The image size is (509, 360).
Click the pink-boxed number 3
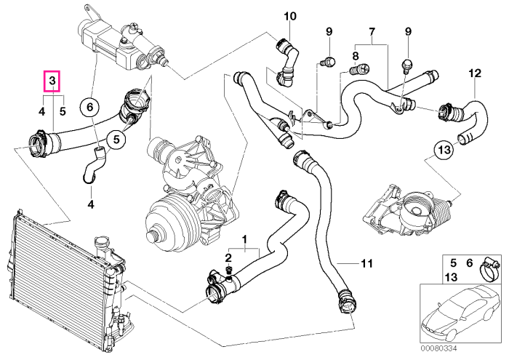coord(52,81)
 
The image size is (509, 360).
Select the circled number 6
coord(90,107)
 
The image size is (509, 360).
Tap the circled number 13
coord(445,151)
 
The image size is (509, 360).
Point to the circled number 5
coord(117,139)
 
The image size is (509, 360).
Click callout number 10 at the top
coord(290,16)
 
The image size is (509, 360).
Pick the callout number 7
coord(372,32)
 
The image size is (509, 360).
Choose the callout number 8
coord(356,57)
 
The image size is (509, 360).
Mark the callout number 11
coord(366,263)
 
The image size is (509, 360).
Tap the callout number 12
coord(475,73)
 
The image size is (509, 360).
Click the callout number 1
coord(245,239)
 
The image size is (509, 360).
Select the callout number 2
coord(228,258)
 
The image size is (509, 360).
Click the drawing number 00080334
coord(438,348)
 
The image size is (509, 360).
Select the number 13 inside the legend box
coord(452,277)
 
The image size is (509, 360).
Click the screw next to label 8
coord(361,68)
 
